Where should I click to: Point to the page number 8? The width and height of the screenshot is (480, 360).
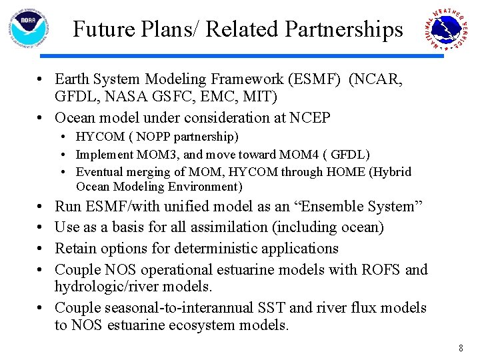[460, 348]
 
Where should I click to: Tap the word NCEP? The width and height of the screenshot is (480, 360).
[310, 118]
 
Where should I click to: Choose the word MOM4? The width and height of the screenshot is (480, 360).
[299, 155]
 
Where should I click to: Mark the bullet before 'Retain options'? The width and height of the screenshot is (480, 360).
[41, 249]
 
